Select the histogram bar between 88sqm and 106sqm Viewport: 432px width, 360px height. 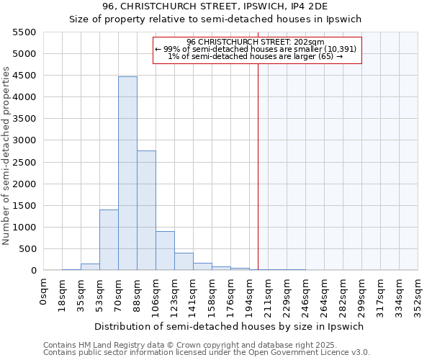point(146,210)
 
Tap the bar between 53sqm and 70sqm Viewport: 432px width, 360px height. point(109,240)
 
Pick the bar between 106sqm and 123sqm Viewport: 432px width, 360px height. point(165,251)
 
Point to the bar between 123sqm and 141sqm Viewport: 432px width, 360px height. point(184,262)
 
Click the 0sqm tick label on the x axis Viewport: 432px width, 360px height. point(45,292)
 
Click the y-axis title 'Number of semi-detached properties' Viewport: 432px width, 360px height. point(7,156)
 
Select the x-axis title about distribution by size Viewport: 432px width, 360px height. point(230,326)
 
